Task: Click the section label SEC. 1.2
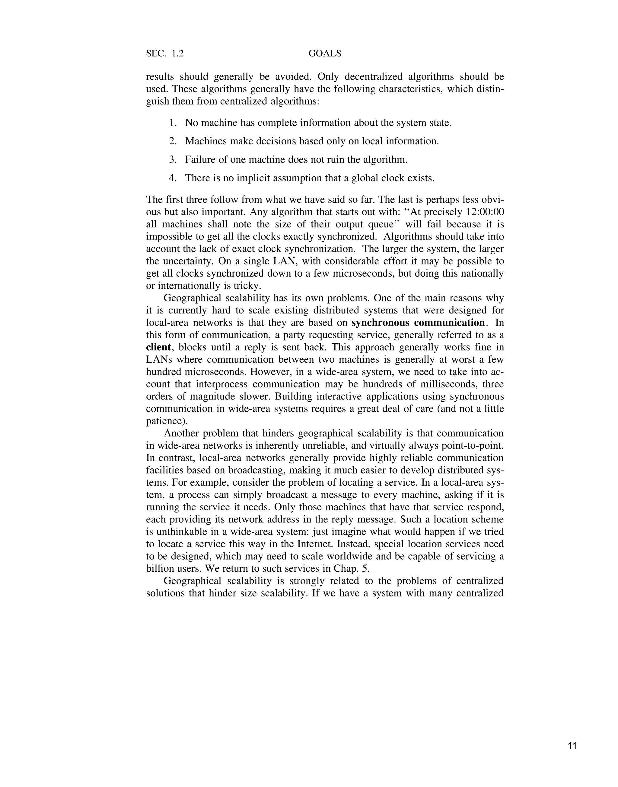pos(165,53)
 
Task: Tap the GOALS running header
pos(325,53)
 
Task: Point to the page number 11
pos(572,746)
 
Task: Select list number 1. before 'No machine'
pos(173,123)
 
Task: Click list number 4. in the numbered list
pos(173,178)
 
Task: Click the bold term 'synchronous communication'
pos(418,323)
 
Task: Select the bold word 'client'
pos(158,347)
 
